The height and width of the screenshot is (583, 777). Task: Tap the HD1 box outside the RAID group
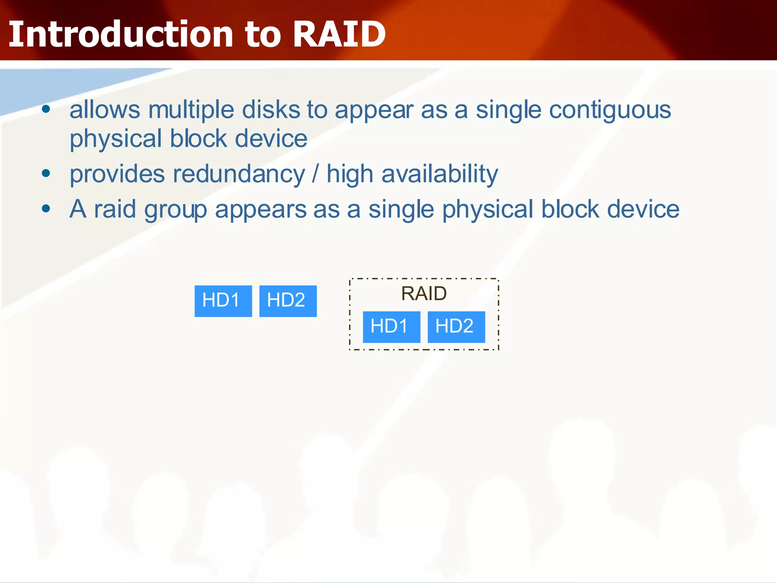pyautogui.click(x=223, y=301)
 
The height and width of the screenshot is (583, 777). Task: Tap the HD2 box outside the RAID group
pyautogui.click(x=288, y=301)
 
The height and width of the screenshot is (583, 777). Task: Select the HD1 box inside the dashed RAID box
pyautogui.click(x=391, y=327)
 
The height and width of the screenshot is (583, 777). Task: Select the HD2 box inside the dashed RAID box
pyautogui.click(x=456, y=327)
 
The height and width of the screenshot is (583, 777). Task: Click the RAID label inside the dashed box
pyautogui.click(x=424, y=293)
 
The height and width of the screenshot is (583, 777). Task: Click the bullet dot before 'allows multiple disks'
pyautogui.click(x=46, y=110)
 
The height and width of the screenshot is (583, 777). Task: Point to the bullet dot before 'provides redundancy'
pyautogui.click(x=46, y=174)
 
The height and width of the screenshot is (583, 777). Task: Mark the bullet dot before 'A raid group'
pyautogui.click(x=46, y=208)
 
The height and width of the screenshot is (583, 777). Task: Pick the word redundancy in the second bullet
pyautogui.click(x=239, y=174)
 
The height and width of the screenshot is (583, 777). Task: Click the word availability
pyautogui.click(x=440, y=175)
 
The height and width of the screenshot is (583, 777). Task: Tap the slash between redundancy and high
pyautogui.click(x=315, y=175)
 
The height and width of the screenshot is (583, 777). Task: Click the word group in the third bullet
pyautogui.click(x=175, y=210)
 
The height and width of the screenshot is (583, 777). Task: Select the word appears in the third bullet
pyautogui.click(x=261, y=210)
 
